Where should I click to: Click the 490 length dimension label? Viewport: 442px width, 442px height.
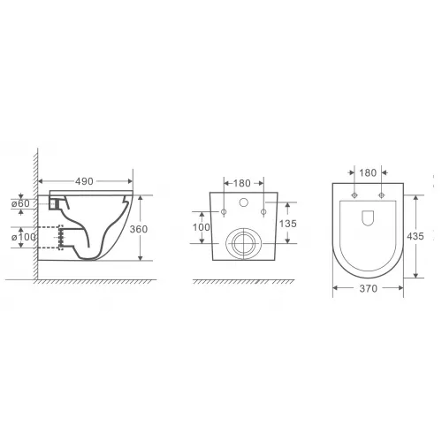[84, 181]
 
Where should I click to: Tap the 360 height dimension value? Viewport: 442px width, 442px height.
[139, 229]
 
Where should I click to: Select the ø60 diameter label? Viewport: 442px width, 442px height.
[20, 203]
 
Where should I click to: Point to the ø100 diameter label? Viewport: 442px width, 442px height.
[24, 237]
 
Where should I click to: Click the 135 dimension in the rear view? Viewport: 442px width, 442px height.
[288, 224]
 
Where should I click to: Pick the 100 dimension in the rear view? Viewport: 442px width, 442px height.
[202, 227]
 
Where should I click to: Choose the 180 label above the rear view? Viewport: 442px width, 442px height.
[242, 183]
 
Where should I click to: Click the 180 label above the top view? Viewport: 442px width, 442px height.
[368, 172]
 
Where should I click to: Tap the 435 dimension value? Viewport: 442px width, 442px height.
[415, 236]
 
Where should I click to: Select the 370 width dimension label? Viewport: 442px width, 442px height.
[369, 288]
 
